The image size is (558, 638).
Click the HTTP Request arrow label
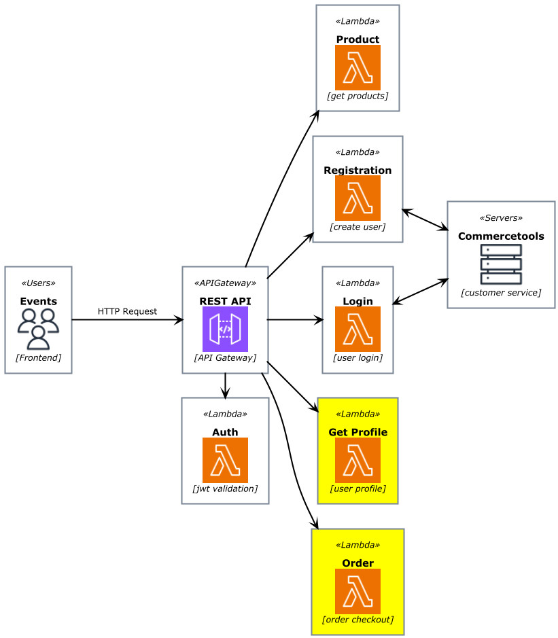(x=127, y=312)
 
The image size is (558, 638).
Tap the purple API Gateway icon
(x=225, y=329)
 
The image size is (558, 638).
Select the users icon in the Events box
(x=38, y=329)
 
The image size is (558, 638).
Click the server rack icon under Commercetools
(x=501, y=264)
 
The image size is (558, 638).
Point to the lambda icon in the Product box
(x=358, y=67)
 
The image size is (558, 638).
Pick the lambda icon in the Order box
(x=358, y=591)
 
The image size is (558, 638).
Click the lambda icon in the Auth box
(x=225, y=460)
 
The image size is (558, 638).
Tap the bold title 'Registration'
(x=358, y=171)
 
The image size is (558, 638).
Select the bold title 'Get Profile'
(x=358, y=432)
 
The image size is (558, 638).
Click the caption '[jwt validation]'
(x=225, y=489)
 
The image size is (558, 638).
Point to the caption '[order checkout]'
(x=358, y=620)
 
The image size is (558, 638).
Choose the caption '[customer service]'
(x=501, y=293)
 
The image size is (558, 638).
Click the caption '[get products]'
(x=358, y=96)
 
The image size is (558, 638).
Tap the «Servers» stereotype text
(x=501, y=219)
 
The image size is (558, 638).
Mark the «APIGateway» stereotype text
(x=225, y=283)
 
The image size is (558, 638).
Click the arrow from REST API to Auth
(x=225, y=385)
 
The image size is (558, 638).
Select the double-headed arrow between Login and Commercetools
(x=420, y=291)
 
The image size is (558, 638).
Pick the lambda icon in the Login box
(x=358, y=329)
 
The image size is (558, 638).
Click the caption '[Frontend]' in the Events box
(x=38, y=358)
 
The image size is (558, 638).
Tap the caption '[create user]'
(x=358, y=227)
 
